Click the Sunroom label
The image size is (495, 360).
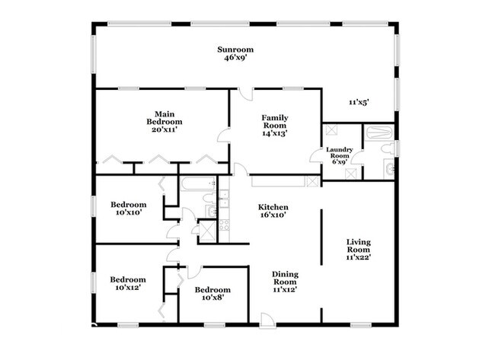(x=235, y=49)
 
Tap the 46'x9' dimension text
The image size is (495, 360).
(x=235, y=58)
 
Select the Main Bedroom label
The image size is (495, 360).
(x=164, y=118)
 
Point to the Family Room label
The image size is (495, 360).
(x=275, y=122)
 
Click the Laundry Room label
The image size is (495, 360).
(x=340, y=152)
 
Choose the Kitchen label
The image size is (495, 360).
(x=273, y=207)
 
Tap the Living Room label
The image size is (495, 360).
(x=359, y=246)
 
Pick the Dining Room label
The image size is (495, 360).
(x=285, y=278)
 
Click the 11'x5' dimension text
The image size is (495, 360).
(x=359, y=102)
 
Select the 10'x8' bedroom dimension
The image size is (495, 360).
(x=212, y=298)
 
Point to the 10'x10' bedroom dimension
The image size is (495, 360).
(x=129, y=212)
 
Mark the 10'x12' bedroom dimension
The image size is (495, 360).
(x=128, y=288)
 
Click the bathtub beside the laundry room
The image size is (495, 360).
(x=379, y=132)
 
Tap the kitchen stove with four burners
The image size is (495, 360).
(x=224, y=225)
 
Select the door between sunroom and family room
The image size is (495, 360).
(x=246, y=94)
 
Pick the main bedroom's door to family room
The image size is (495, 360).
(x=223, y=135)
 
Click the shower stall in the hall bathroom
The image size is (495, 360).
(x=208, y=231)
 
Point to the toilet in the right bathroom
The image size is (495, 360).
(x=388, y=148)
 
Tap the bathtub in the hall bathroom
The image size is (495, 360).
(x=198, y=183)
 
